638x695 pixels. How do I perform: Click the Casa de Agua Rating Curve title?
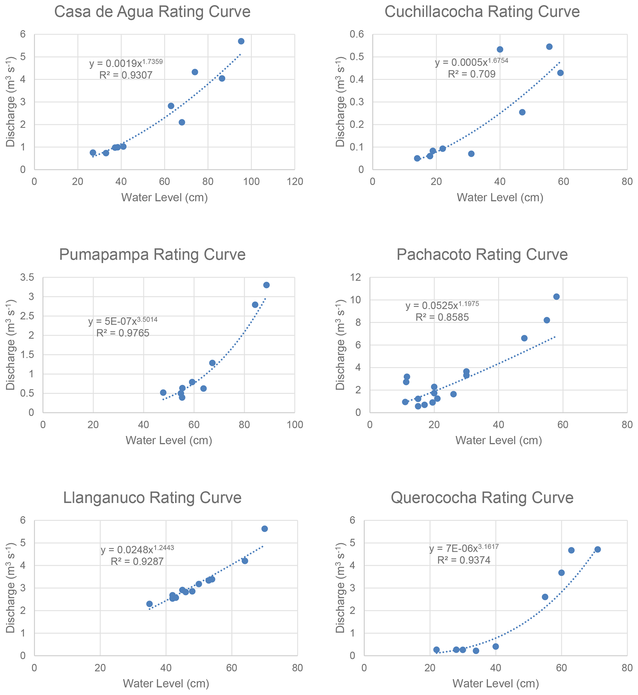pyautogui.click(x=152, y=12)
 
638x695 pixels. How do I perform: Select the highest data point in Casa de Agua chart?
pyautogui.click(x=241, y=41)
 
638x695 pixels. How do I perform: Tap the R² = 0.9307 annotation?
pyautogui.click(x=126, y=75)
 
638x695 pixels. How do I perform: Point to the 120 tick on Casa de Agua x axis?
pyautogui.click(x=294, y=182)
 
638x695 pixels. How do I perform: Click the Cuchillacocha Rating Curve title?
pyautogui.click(x=482, y=12)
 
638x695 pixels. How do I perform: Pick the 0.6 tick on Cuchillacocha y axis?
pyautogui.click(x=357, y=34)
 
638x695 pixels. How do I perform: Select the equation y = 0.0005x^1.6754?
pyautogui.click(x=471, y=62)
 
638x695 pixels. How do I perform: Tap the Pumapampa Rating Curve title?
pyautogui.click(x=152, y=255)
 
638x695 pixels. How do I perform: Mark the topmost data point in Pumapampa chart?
pyautogui.click(x=266, y=285)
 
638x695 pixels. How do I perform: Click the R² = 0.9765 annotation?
pyautogui.click(x=123, y=333)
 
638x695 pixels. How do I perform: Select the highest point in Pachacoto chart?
pyautogui.click(x=556, y=297)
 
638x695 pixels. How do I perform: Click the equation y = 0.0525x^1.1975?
pyautogui.click(x=442, y=306)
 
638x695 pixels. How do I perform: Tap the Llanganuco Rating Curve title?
pyautogui.click(x=152, y=498)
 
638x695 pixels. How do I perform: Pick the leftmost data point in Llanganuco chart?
pyautogui.click(x=149, y=604)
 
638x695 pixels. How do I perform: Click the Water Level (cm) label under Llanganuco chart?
pyautogui.click(x=166, y=684)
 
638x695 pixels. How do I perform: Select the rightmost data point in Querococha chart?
pyautogui.click(x=598, y=549)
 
